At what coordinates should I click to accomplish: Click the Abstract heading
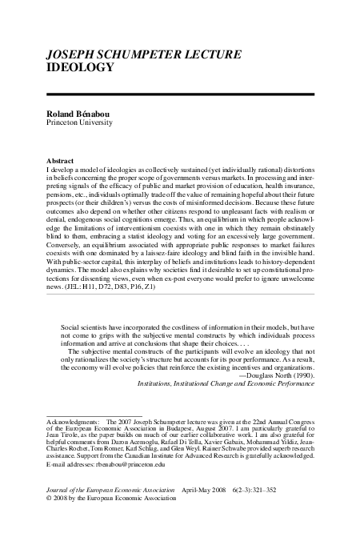pos(61,160)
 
